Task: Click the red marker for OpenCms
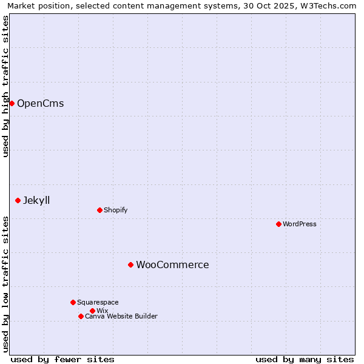pos(12,103)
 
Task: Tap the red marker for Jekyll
pos(18,200)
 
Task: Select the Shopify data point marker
pos(99,210)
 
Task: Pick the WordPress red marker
pos(278,224)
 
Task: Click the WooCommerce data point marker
pos(130,265)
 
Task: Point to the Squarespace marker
pos(73,302)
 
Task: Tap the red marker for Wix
pos(92,311)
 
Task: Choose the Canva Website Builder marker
pos(81,316)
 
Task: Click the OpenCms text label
pos(40,103)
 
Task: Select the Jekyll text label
pos(36,200)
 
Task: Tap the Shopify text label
pos(115,210)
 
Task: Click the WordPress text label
pos(300,224)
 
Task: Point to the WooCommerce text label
pos(172,265)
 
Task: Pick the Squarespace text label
pos(98,302)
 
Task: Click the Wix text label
pos(102,311)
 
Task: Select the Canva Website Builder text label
pos(121,316)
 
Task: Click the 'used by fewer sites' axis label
pos(62,359)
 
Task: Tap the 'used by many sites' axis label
pos(305,359)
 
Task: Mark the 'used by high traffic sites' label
pos(5,86)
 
